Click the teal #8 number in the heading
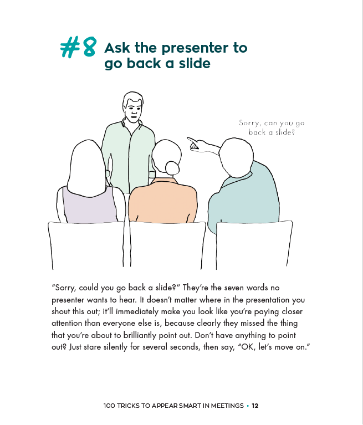[x=78, y=47]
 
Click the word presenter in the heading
[x=195, y=48]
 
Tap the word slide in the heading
[x=195, y=63]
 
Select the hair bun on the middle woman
[x=172, y=168]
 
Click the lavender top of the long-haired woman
[x=89, y=207]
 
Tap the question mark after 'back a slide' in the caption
[x=292, y=132]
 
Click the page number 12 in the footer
[x=255, y=406]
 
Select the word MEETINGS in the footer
[x=227, y=406]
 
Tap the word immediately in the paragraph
[x=137, y=312]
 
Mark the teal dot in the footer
[x=248, y=406]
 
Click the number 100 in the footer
[x=109, y=406]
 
